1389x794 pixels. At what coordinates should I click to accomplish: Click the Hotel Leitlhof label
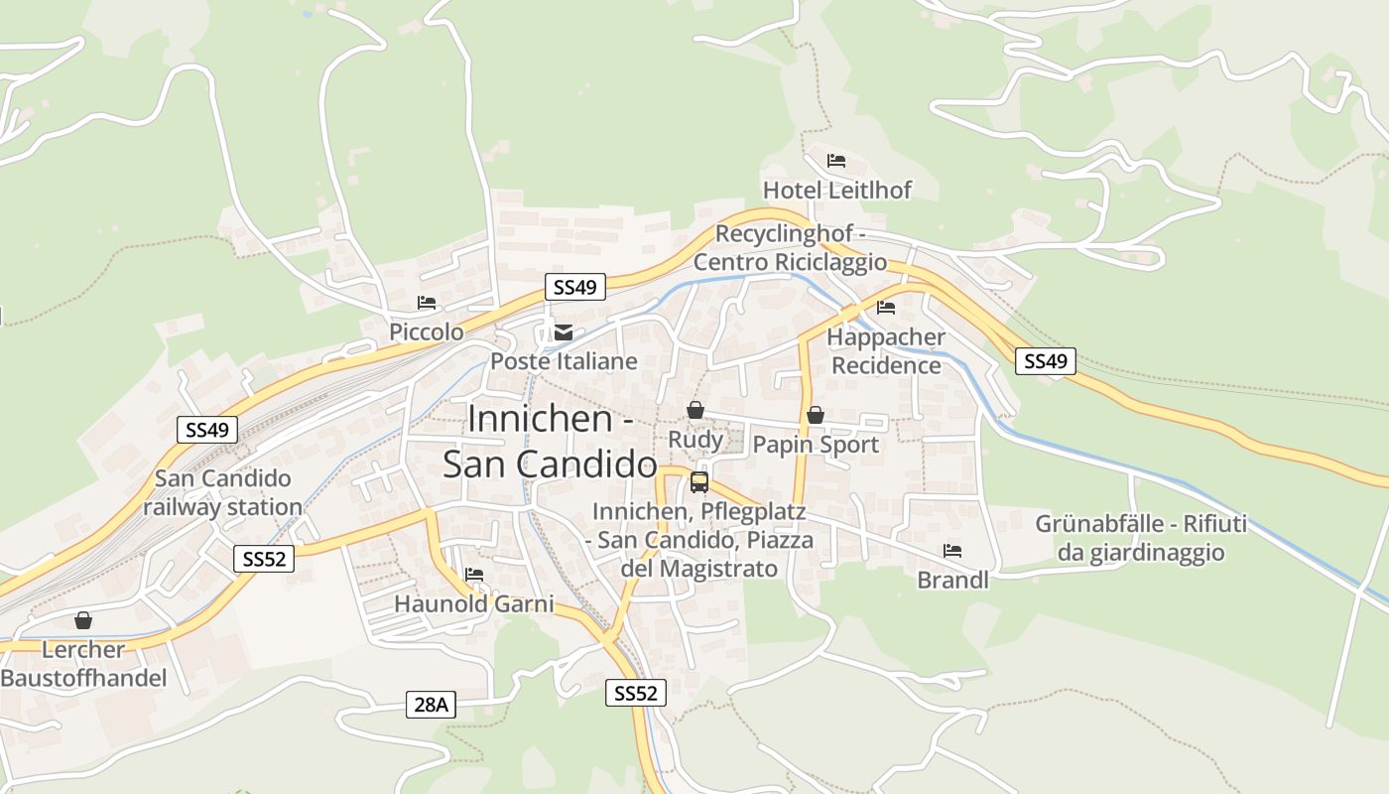pos(836,190)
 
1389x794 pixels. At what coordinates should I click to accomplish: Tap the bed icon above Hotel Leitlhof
pos(836,160)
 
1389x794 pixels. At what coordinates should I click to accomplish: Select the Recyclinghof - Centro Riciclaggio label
pos(790,248)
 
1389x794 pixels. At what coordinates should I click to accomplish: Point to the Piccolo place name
pos(427,331)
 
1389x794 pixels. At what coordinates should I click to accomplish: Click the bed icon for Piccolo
pos(427,302)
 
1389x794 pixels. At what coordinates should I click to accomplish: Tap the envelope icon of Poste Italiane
pos(564,331)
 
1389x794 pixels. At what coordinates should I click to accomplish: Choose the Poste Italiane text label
pos(564,361)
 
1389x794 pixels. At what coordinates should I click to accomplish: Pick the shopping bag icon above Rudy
pos(695,410)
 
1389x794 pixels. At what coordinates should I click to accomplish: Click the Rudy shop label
pos(695,440)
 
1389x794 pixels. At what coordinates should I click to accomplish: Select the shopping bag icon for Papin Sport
pos(816,415)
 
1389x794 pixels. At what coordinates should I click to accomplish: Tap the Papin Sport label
pos(816,444)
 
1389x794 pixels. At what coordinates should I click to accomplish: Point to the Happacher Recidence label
pos(886,351)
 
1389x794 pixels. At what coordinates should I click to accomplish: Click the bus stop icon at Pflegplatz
pos(699,483)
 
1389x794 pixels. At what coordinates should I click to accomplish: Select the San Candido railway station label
pos(222,492)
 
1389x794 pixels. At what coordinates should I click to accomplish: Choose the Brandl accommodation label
pos(952,580)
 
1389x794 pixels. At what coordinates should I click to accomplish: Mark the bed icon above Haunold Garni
pos(474,574)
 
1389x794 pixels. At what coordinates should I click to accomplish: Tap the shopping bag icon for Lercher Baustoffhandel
pos(83,620)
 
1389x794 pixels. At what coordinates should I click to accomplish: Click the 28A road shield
pos(432,705)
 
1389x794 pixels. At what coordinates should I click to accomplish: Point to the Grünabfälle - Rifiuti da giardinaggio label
pos(1141,538)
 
